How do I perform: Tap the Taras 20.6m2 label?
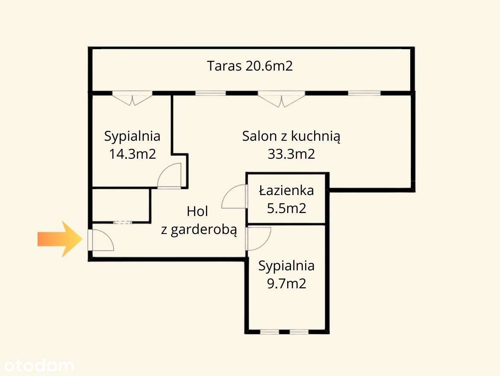[250, 66]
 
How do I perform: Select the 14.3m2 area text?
[132, 154]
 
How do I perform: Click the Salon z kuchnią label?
[291, 136]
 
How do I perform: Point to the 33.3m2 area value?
[291, 154]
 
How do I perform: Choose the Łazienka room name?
[286, 190]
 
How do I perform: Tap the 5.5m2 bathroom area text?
[286, 208]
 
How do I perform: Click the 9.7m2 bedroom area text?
[286, 284]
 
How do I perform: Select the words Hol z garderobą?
[198, 221]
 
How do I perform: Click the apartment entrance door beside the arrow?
[100, 240]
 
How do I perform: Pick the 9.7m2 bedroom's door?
[258, 239]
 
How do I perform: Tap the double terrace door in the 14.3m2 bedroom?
[132, 98]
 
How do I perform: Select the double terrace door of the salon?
[281, 99]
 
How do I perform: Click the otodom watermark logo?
[38, 366]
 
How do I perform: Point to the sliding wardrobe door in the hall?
[123, 222]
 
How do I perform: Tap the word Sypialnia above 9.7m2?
[286, 266]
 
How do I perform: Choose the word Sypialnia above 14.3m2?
[132, 136]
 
